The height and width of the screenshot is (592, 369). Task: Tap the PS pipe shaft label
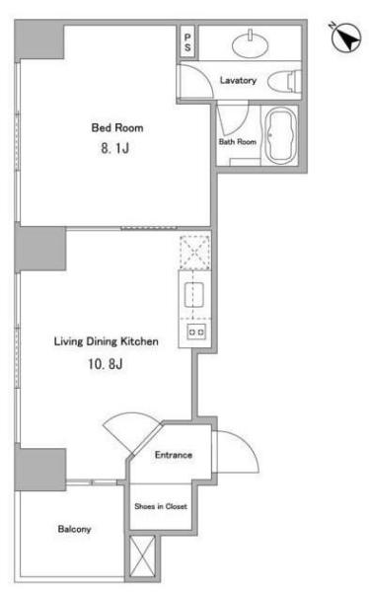(x=187, y=42)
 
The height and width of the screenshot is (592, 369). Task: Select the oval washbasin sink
(x=250, y=45)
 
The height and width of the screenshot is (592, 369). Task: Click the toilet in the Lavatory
(x=284, y=81)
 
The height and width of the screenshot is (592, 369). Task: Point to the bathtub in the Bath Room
(x=281, y=135)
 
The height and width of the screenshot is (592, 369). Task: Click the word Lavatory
(x=238, y=81)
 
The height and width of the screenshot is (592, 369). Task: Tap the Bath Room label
(x=238, y=142)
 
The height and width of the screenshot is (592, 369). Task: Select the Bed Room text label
(x=117, y=127)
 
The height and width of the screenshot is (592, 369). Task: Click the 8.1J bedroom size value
(x=114, y=148)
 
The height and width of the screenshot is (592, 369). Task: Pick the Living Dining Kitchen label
(x=107, y=341)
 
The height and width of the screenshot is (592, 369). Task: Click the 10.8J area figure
(x=106, y=364)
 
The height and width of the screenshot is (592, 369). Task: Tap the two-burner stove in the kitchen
(x=196, y=333)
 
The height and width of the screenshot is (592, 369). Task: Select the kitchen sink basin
(x=193, y=294)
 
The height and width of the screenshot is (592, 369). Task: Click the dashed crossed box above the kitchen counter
(x=195, y=252)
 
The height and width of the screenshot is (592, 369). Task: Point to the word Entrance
(x=174, y=455)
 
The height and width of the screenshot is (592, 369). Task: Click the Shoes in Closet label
(x=161, y=506)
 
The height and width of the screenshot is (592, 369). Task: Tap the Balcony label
(x=74, y=529)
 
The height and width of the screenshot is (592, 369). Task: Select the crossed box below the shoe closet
(x=142, y=555)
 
